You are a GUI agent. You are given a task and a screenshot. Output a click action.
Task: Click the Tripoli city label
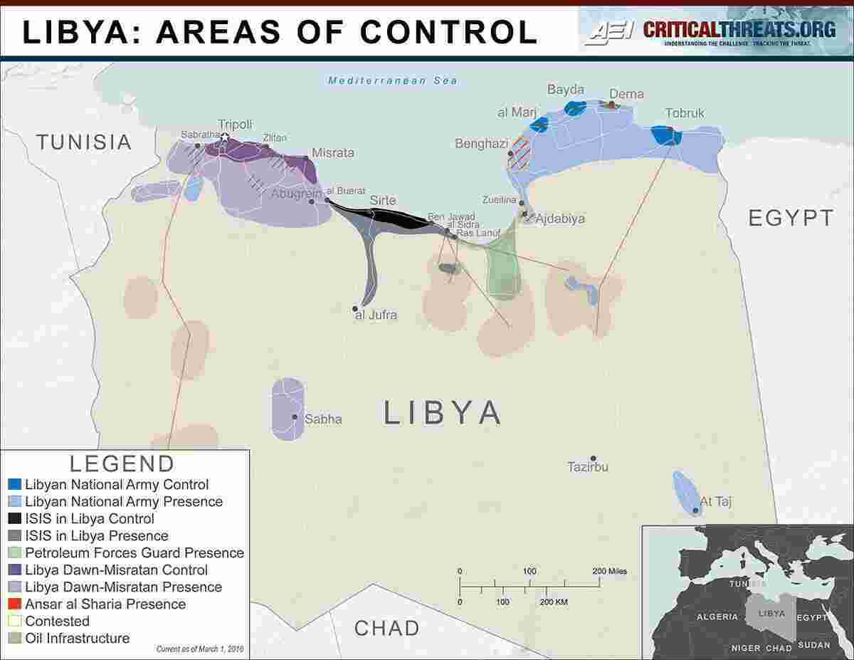click(x=235, y=124)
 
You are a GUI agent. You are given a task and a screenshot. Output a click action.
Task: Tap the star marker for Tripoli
click(x=225, y=137)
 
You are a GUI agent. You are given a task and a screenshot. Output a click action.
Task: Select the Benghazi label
click(x=482, y=144)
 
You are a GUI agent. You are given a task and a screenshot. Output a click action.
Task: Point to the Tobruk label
click(x=685, y=113)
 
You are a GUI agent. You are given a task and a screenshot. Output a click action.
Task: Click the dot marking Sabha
click(x=295, y=417)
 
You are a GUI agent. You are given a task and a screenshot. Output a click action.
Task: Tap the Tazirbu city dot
click(x=593, y=459)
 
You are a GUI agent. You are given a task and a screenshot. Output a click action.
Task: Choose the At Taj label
click(x=716, y=502)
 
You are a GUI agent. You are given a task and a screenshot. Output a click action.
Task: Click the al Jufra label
click(x=376, y=315)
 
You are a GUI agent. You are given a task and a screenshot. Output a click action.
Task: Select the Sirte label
click(x=382, y=201)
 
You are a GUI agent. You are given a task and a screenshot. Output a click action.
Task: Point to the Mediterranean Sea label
click(x=393, y=80)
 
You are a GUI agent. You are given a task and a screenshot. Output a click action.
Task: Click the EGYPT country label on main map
click(x=790, y=218)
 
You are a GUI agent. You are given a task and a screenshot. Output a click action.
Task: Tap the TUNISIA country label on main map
click(x=84, y=142)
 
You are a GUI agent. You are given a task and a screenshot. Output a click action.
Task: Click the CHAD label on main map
click(x=386, y=628)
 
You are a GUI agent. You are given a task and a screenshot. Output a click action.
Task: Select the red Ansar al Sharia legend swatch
click(x=15, y=604)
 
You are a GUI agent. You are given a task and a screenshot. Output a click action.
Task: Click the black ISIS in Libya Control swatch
click(x=15, y=519)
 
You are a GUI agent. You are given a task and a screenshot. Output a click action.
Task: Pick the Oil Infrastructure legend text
click(x=78, y=638)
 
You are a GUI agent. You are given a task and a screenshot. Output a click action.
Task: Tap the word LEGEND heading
click(x=122, y=463)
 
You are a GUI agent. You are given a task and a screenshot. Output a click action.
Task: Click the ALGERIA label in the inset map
click(x=717, y=617)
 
